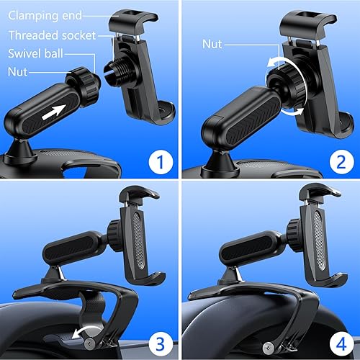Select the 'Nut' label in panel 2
coord(212,44)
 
